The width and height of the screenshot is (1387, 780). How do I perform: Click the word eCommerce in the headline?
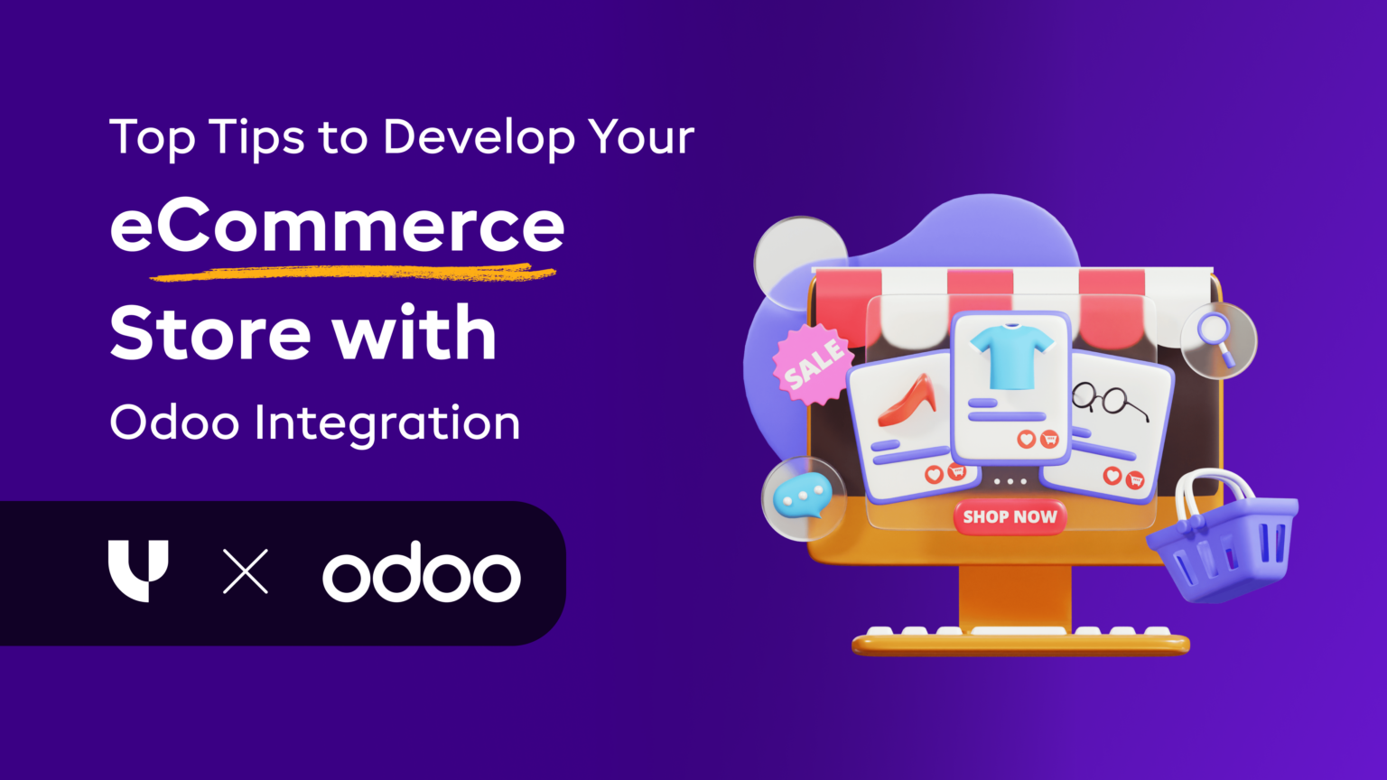point(337,227)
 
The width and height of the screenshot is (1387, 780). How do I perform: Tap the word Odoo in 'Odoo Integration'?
point(174,422)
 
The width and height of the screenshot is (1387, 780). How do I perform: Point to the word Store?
point(210,334)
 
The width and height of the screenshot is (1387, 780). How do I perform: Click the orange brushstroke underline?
point(352,272)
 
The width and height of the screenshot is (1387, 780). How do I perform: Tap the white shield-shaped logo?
point(137,570)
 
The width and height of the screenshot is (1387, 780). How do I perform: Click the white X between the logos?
point(246,571)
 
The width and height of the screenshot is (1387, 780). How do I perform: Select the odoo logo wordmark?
point(422,572)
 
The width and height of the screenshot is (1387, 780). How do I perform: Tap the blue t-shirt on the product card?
point(1010,355)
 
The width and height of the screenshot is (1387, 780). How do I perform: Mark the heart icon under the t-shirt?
point(1026,439)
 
